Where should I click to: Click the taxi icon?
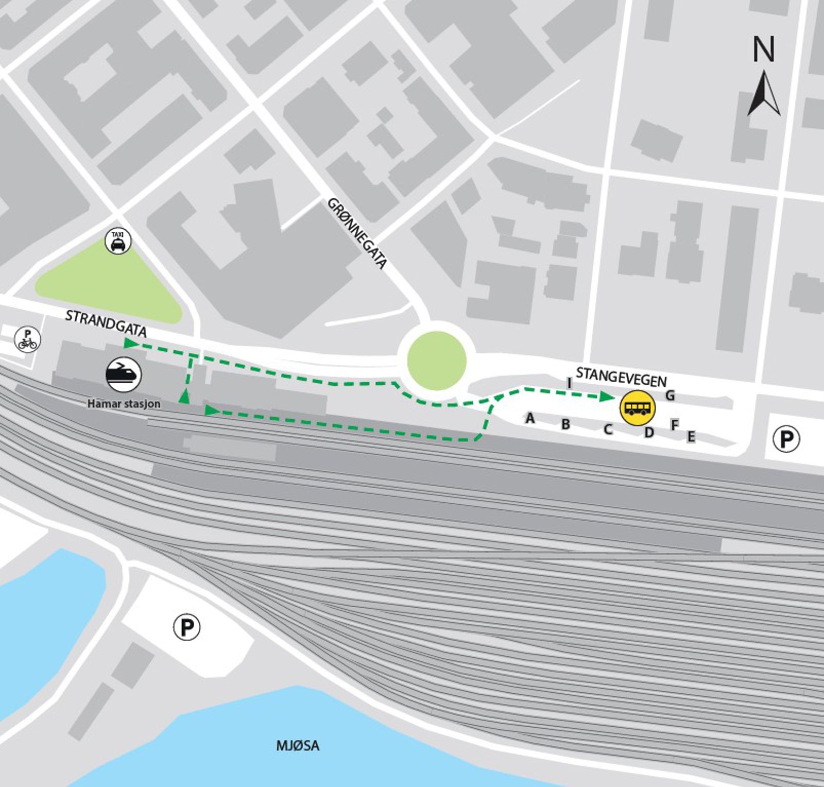[118, 241]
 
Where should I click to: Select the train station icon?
[124, 374]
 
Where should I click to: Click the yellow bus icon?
[638, 408]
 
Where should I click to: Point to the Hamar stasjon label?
[124, 404]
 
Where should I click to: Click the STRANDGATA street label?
[106, 323]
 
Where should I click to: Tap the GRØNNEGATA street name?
[357, 233]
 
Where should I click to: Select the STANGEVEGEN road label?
[621, 377]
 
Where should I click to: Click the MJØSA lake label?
[298, 745]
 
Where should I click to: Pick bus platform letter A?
[529, 419]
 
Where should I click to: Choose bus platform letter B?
[565, 424]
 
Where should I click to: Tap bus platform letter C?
[608, 429]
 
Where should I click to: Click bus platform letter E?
[691, 437]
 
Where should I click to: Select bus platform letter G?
[670, 396]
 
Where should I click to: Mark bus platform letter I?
[569, 383]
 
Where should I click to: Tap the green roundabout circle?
[437, 361]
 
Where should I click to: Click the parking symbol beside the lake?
[186, 627]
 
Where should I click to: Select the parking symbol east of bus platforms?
[786, 439]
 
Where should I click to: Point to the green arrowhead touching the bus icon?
[608, 396]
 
